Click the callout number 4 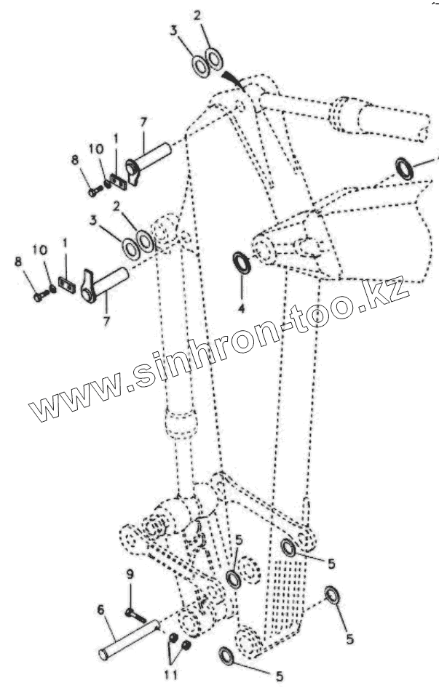[241, 308]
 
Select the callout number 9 [130, 574]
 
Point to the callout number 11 [170, 675]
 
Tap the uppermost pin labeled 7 [149, 161]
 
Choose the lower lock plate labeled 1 [65, 286]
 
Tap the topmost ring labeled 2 [213, 56]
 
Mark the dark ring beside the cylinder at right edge [405, 169]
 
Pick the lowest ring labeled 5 [226, 657]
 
